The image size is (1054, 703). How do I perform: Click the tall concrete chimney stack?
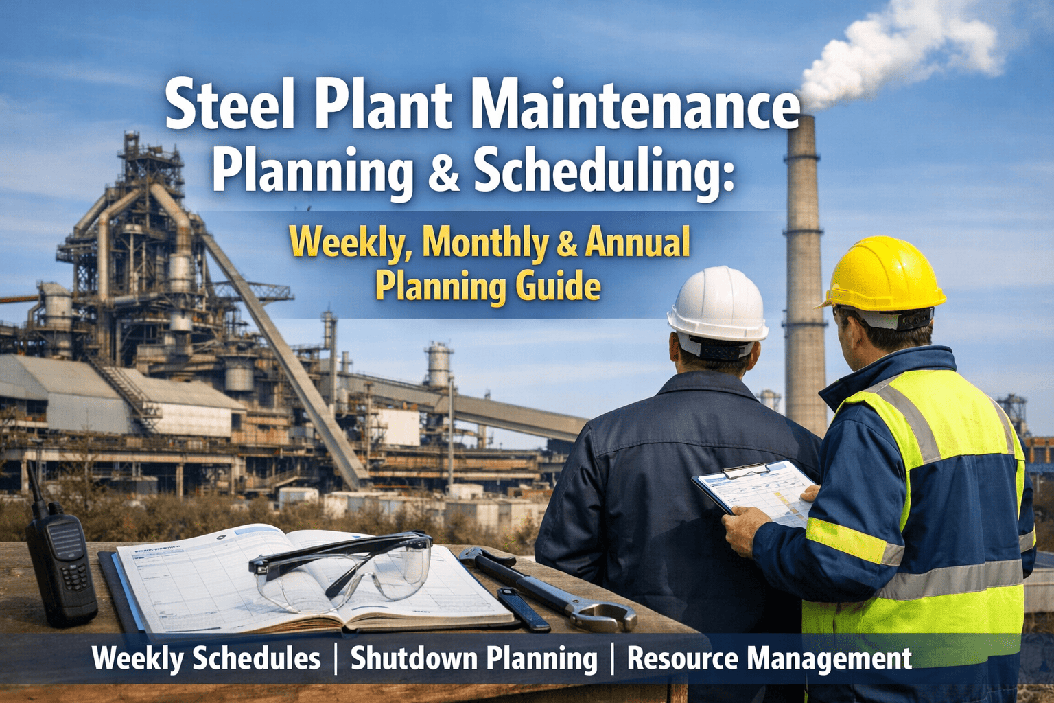pyautogui.click(x=804, y=275)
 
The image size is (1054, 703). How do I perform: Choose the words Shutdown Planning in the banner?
pyautogui.click(x=473, y=658)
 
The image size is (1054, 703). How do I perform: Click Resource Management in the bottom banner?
pyautogui.click(x=769, y=658)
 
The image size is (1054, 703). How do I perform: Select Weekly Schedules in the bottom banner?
pyautogui.click(x=206, y=658)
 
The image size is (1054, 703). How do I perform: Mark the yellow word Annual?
pyautogui.click(x=637, y=243)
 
